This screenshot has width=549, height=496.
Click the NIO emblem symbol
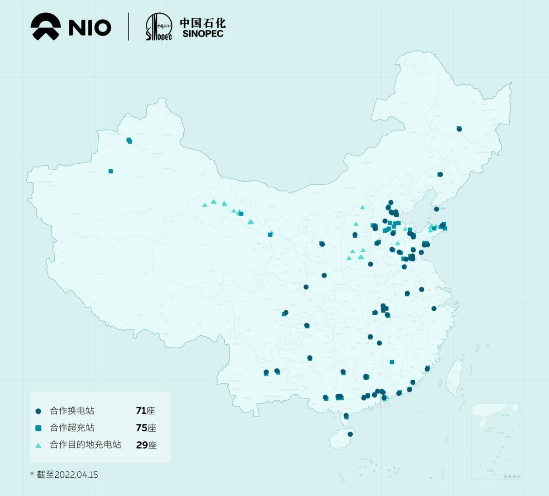(x=46, y=27)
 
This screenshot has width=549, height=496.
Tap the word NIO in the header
(x=90, y=27)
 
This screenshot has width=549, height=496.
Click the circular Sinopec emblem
(x=158, y=26)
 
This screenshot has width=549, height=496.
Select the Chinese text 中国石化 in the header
(x=202, y=22)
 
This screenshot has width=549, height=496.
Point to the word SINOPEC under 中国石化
(x=203, y=34)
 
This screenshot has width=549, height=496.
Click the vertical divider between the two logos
(x=129, y=26)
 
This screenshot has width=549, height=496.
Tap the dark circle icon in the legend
(x=38, y=411)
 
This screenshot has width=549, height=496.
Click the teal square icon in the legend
(x=38, y=428)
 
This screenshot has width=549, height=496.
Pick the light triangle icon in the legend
(x=38, y=445)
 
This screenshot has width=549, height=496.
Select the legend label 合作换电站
(x=72, y=411)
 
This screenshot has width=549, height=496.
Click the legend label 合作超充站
(x=72, y=428)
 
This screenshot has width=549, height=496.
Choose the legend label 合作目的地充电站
(x=85, y=445)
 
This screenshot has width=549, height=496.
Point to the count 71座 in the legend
(x=145, y=411)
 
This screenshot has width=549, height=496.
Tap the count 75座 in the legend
(x=146, y=428)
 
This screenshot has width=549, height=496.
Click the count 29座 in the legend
(x=146, y=445)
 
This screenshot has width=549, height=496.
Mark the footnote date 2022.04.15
(x=76, y=475)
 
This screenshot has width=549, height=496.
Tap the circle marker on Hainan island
(x=350, y=434)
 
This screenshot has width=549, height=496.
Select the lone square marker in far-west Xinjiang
(x=111, y=171)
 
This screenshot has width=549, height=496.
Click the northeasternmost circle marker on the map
(x=459, y=129)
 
